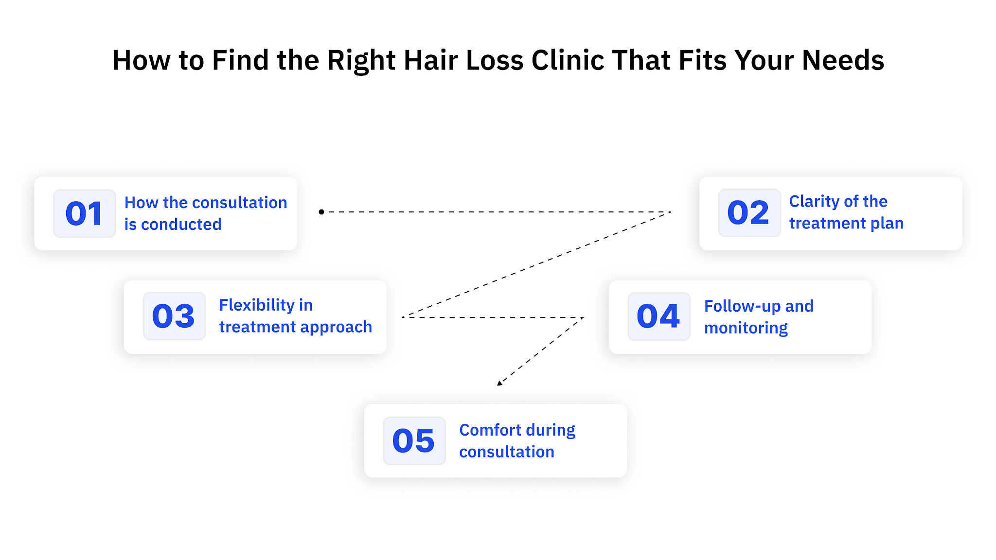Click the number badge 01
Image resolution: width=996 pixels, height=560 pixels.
[84, 213]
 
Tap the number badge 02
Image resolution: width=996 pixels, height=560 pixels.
[749, 213]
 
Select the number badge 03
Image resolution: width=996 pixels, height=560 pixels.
[174, 316]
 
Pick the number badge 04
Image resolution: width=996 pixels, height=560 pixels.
[658, 316]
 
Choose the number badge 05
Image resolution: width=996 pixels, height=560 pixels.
[414, 441]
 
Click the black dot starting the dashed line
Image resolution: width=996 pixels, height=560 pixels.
[321, 212]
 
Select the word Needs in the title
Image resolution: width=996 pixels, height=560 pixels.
[843, 61]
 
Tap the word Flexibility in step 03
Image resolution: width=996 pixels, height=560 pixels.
[257, 305]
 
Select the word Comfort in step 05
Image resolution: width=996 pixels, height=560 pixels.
[490, 430]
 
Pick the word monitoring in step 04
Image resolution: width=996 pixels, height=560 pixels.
[746, 329]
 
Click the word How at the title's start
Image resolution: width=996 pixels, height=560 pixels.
[141, 61]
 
